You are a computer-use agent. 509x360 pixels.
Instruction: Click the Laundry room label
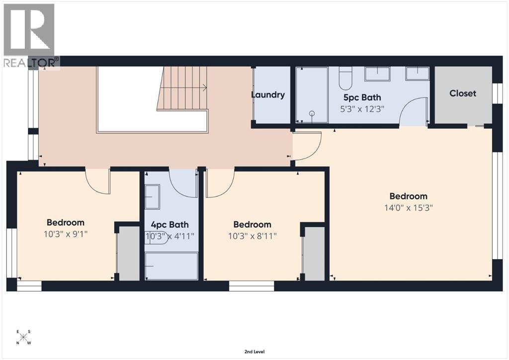[x=267, y=95]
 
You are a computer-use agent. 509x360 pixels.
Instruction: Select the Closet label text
[x=463, y=93]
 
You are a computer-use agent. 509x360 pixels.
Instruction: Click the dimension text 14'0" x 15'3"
[x=408, y=208]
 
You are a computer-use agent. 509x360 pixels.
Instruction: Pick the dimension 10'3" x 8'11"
[x=253, y=236]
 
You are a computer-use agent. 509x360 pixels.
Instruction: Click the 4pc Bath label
[x=170, y=225]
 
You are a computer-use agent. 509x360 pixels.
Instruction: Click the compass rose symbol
[x=24, y=337]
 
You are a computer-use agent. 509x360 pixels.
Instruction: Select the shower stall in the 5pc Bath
[x=312, y=95]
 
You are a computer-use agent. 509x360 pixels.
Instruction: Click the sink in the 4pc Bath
[x=152, y=197]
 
